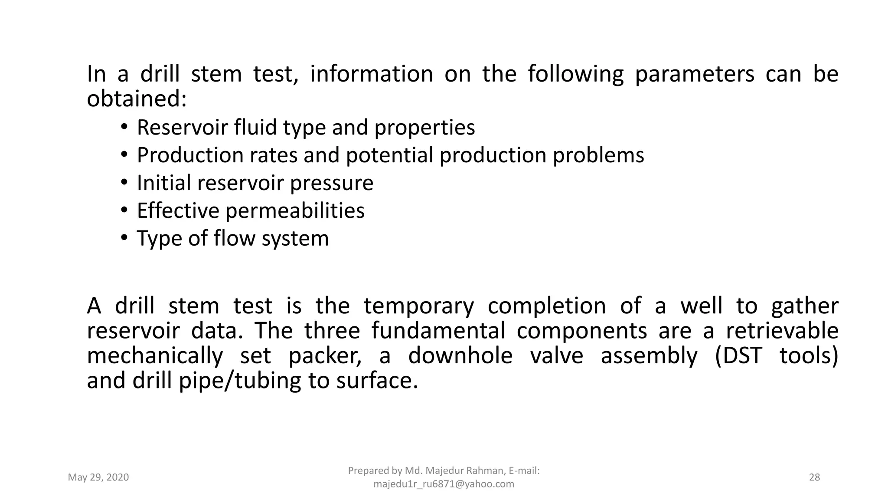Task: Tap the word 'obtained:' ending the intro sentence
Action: (137, 99)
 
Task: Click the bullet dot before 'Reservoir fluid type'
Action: (124, 127)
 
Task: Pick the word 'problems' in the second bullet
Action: (598, 155)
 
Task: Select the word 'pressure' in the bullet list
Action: (331, 183)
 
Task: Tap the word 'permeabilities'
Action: (295, 211)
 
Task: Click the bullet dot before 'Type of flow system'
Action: (124, 238)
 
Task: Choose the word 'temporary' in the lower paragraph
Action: (418, 306)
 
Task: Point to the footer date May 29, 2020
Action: (98, 477)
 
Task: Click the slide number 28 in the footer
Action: (815, 477)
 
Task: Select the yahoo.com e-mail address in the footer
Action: (444, 484)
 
